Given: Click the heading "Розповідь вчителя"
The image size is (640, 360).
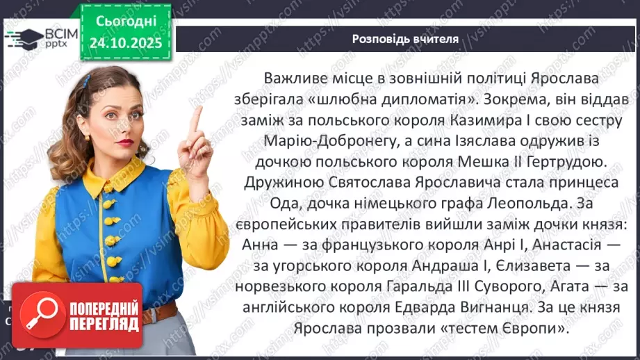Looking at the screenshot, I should [x=405, y=39].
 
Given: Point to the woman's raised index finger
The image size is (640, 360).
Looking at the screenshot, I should [x=196, y=119].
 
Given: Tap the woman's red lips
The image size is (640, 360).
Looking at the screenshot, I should [x=125, y=143].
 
